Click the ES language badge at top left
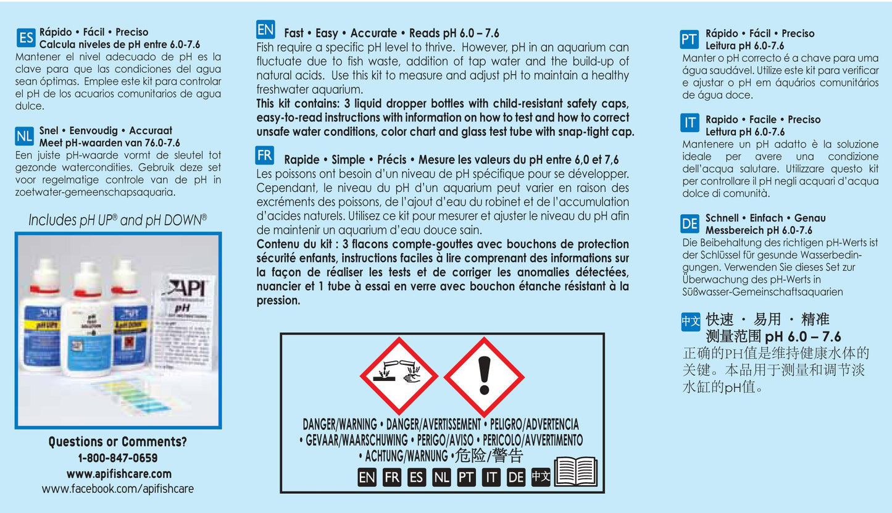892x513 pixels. pos(26,38)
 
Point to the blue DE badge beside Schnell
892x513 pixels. pos(690,223)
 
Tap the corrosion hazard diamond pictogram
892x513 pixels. pos(399,376)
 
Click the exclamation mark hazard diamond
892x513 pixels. pos(484,376)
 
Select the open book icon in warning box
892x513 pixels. pos(575,473)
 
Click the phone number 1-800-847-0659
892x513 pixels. pos(117,458)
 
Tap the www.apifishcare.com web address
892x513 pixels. pos(117,474)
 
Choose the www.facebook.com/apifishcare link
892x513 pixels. pos(117,489)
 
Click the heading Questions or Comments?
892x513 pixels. pos(117,441)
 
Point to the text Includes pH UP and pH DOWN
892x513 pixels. pos(117,220)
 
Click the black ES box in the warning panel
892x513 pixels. pos(417,477)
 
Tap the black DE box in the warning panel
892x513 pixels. pos(516,477)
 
